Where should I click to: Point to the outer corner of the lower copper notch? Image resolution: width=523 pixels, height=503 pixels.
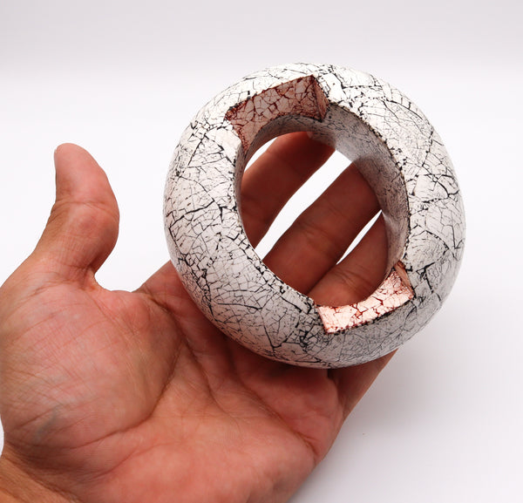[411, 296]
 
